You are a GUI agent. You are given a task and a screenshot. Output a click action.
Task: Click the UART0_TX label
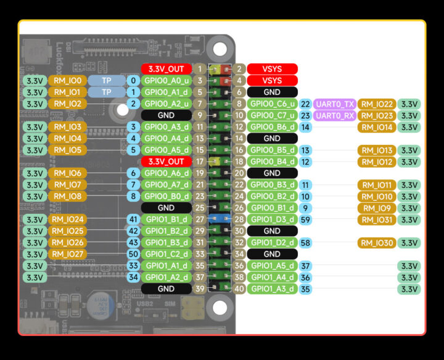coord(334,104)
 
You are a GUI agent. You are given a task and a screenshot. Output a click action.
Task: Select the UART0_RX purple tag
coord(334,115)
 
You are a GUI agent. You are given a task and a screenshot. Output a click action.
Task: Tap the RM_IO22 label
coord(376,104)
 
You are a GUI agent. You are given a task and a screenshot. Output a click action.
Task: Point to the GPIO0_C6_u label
coord(272,104)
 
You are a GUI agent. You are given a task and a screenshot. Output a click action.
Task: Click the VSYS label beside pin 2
coord(272,69)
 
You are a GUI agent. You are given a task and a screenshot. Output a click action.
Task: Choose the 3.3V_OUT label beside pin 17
coord(166,162)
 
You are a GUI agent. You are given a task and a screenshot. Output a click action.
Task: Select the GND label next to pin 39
coord(166,288)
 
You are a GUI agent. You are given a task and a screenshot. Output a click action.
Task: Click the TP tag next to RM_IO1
coord(107,92)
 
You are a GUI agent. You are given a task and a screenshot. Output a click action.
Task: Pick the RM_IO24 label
coord(68,219)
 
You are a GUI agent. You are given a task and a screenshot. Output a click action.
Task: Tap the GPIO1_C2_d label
coord(166,254)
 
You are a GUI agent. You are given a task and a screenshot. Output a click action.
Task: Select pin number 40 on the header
coord(240,288)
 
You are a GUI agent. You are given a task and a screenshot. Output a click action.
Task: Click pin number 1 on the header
coord(200,69)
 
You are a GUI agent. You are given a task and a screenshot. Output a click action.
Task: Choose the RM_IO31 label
coord(376,219)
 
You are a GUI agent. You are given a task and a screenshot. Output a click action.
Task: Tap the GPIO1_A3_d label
coord(272,288)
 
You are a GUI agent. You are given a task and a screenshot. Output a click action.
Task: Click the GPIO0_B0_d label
coord(166,196)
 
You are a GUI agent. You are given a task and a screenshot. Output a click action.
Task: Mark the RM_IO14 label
coord(376,127)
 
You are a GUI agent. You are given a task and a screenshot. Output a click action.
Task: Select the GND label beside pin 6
coord(272,92)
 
